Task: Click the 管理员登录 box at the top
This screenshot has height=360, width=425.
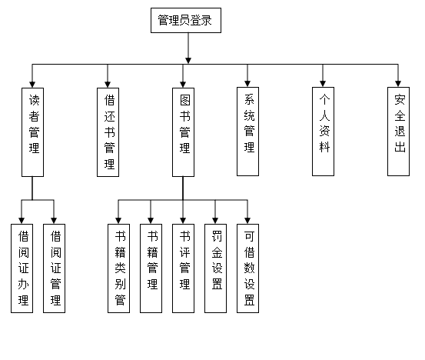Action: click(x=186, y=20)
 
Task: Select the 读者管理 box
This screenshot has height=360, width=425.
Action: click(x=32, y=132)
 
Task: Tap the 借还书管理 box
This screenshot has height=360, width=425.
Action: click(x=108, y=132)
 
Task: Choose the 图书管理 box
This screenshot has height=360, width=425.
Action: click(x=183, y=132)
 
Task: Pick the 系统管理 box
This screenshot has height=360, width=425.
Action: click(x=247, y=132)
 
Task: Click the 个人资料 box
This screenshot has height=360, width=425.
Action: click(x=323, y=132)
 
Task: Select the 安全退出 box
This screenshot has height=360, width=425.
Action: click(x=398, y=132)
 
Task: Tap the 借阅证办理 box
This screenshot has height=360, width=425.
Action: click(x=22, y=268)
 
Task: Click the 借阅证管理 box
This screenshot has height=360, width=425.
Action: click(x=55, y=268)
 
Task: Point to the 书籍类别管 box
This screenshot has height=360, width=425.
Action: click(x=118, y=268)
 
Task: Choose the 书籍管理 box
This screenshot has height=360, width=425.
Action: click(x=151, y=268)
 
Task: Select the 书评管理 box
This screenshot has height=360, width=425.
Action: click(x=183, y=268)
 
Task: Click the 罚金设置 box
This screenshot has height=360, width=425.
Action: click(x=215, y=268)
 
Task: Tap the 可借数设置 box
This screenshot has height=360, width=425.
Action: click(x=247, y=268)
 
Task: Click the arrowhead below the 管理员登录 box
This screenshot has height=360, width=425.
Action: click(x=188, y=61)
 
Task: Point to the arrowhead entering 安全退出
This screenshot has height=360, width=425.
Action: click(x=398, y=84)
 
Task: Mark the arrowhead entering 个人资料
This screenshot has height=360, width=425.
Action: click(x=323, y=84)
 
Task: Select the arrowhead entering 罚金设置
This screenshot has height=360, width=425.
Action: click(x=215, y=221)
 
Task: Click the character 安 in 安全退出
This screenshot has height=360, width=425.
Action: click(x=400, y=99)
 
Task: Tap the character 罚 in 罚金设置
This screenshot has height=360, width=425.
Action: click(x=217, y=236)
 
